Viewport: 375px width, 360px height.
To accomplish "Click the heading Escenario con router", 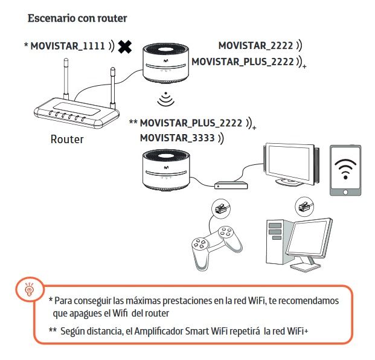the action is click(77, 18).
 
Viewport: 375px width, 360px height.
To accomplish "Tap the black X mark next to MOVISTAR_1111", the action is click(125, 47).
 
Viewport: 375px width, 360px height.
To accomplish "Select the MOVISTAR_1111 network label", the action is click(68, 46).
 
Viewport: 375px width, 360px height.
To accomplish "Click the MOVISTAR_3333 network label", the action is click(177, 138).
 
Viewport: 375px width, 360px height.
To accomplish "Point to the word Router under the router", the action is click(67, 139).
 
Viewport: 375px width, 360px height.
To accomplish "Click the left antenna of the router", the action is click(66, 79).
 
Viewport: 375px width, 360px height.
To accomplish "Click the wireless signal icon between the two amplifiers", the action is click(165, 99).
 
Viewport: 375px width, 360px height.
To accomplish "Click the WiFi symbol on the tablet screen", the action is click(345, 169).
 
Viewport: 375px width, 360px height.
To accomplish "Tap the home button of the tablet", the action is click(345, 192).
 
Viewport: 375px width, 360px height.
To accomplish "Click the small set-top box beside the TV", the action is click(231, 185).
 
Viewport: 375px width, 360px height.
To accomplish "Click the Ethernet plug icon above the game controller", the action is click(220, 208).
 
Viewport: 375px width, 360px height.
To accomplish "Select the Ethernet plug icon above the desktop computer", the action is click(304, 207).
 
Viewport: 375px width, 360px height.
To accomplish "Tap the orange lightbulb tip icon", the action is click(29, 289).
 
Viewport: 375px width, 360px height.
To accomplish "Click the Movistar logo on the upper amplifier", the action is click(165, 61).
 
